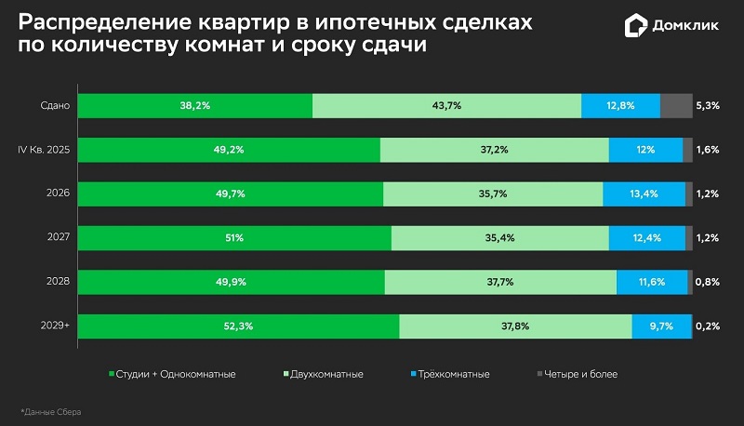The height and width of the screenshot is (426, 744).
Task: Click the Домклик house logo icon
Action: click(635, 25)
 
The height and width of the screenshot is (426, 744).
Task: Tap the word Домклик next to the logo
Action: click(689, 25)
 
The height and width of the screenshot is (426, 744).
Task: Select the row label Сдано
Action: click(55, 106)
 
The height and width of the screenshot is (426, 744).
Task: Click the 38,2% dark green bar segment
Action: click(195, 106)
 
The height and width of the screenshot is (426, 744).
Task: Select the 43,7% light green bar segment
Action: click(446, 106)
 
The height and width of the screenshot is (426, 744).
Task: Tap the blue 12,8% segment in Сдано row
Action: click(620, 106)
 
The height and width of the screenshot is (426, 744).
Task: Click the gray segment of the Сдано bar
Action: click(676, 106)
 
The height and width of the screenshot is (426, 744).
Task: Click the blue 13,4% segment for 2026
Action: click(644, 193)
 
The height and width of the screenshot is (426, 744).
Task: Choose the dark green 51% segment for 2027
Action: click(235, 238)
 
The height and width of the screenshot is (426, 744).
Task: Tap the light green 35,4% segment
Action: click(499, 238)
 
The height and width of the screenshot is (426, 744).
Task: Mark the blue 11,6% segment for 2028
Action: click(651, 282)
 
